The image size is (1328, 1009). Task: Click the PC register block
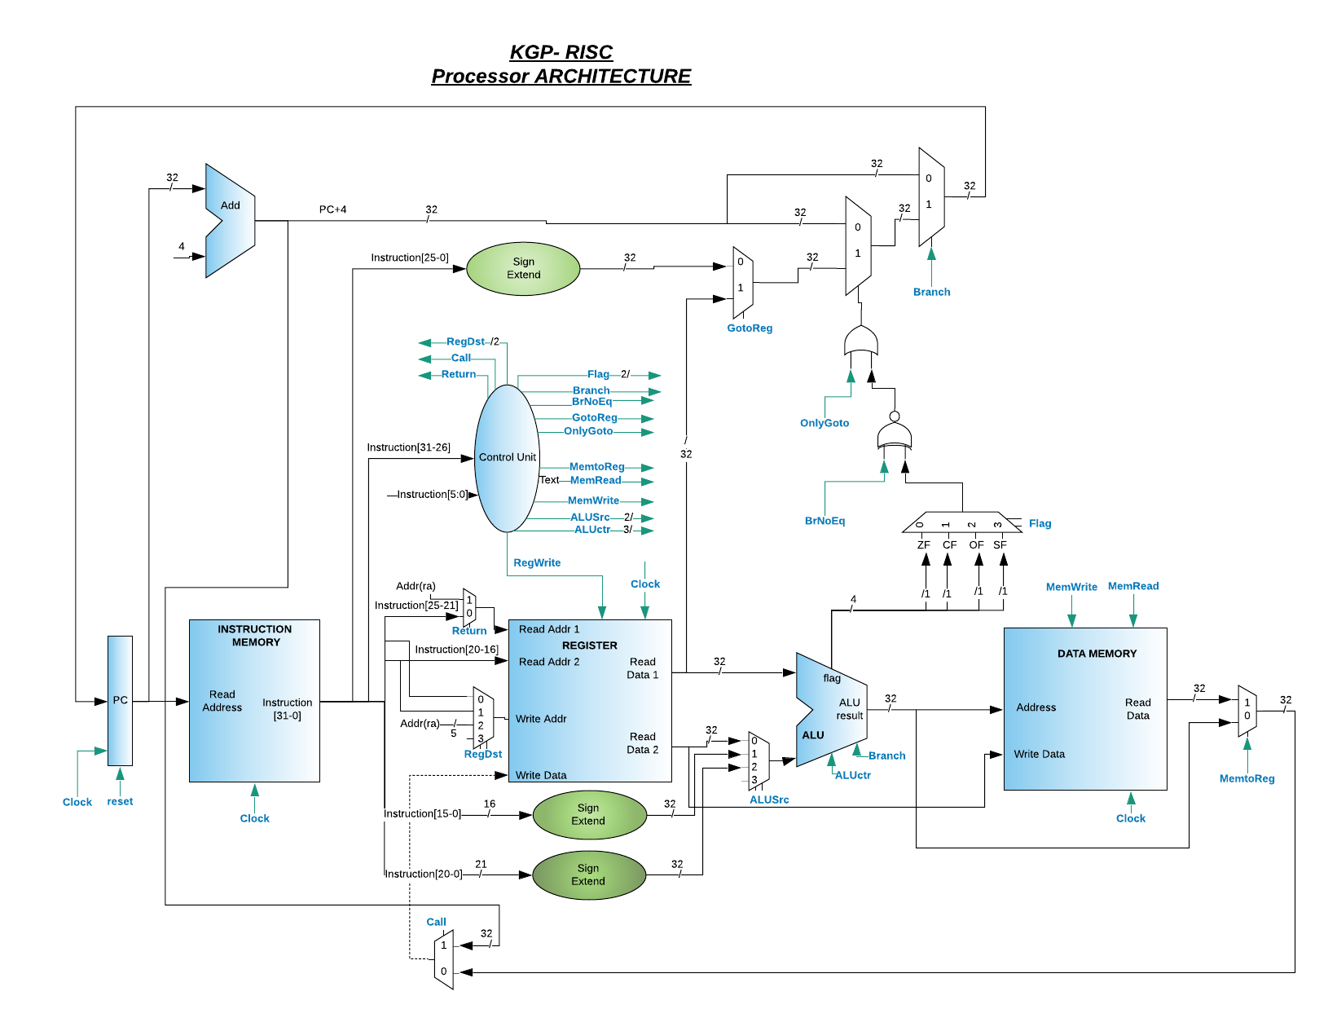(120, 700)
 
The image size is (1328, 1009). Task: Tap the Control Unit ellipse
(507, 457)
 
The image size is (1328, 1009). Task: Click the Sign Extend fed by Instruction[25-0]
(523, 268)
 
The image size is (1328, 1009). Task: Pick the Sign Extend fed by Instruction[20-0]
(587, 875)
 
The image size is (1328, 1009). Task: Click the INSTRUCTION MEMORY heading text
(255, 636)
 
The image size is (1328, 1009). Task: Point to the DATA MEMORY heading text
(1097, 654)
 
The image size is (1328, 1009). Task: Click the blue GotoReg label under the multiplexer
(750, 328)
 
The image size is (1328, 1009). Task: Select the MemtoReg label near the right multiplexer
(1247, 778)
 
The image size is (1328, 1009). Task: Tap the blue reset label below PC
(120, 801)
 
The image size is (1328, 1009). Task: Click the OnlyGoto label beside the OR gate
(825, 423)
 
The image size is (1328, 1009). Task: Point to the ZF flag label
(924, 544)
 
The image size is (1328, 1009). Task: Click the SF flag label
(1000, 544)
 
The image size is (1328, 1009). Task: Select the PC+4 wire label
(332, 209)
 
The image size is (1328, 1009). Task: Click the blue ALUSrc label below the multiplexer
(769, 800)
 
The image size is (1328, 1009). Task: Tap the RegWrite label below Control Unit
(537, 563)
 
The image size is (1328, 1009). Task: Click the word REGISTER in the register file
(590, 645)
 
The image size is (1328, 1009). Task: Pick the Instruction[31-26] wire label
(408, 447)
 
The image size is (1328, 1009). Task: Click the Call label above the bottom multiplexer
(436, 922)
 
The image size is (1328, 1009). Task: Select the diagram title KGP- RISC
(561, 52)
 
